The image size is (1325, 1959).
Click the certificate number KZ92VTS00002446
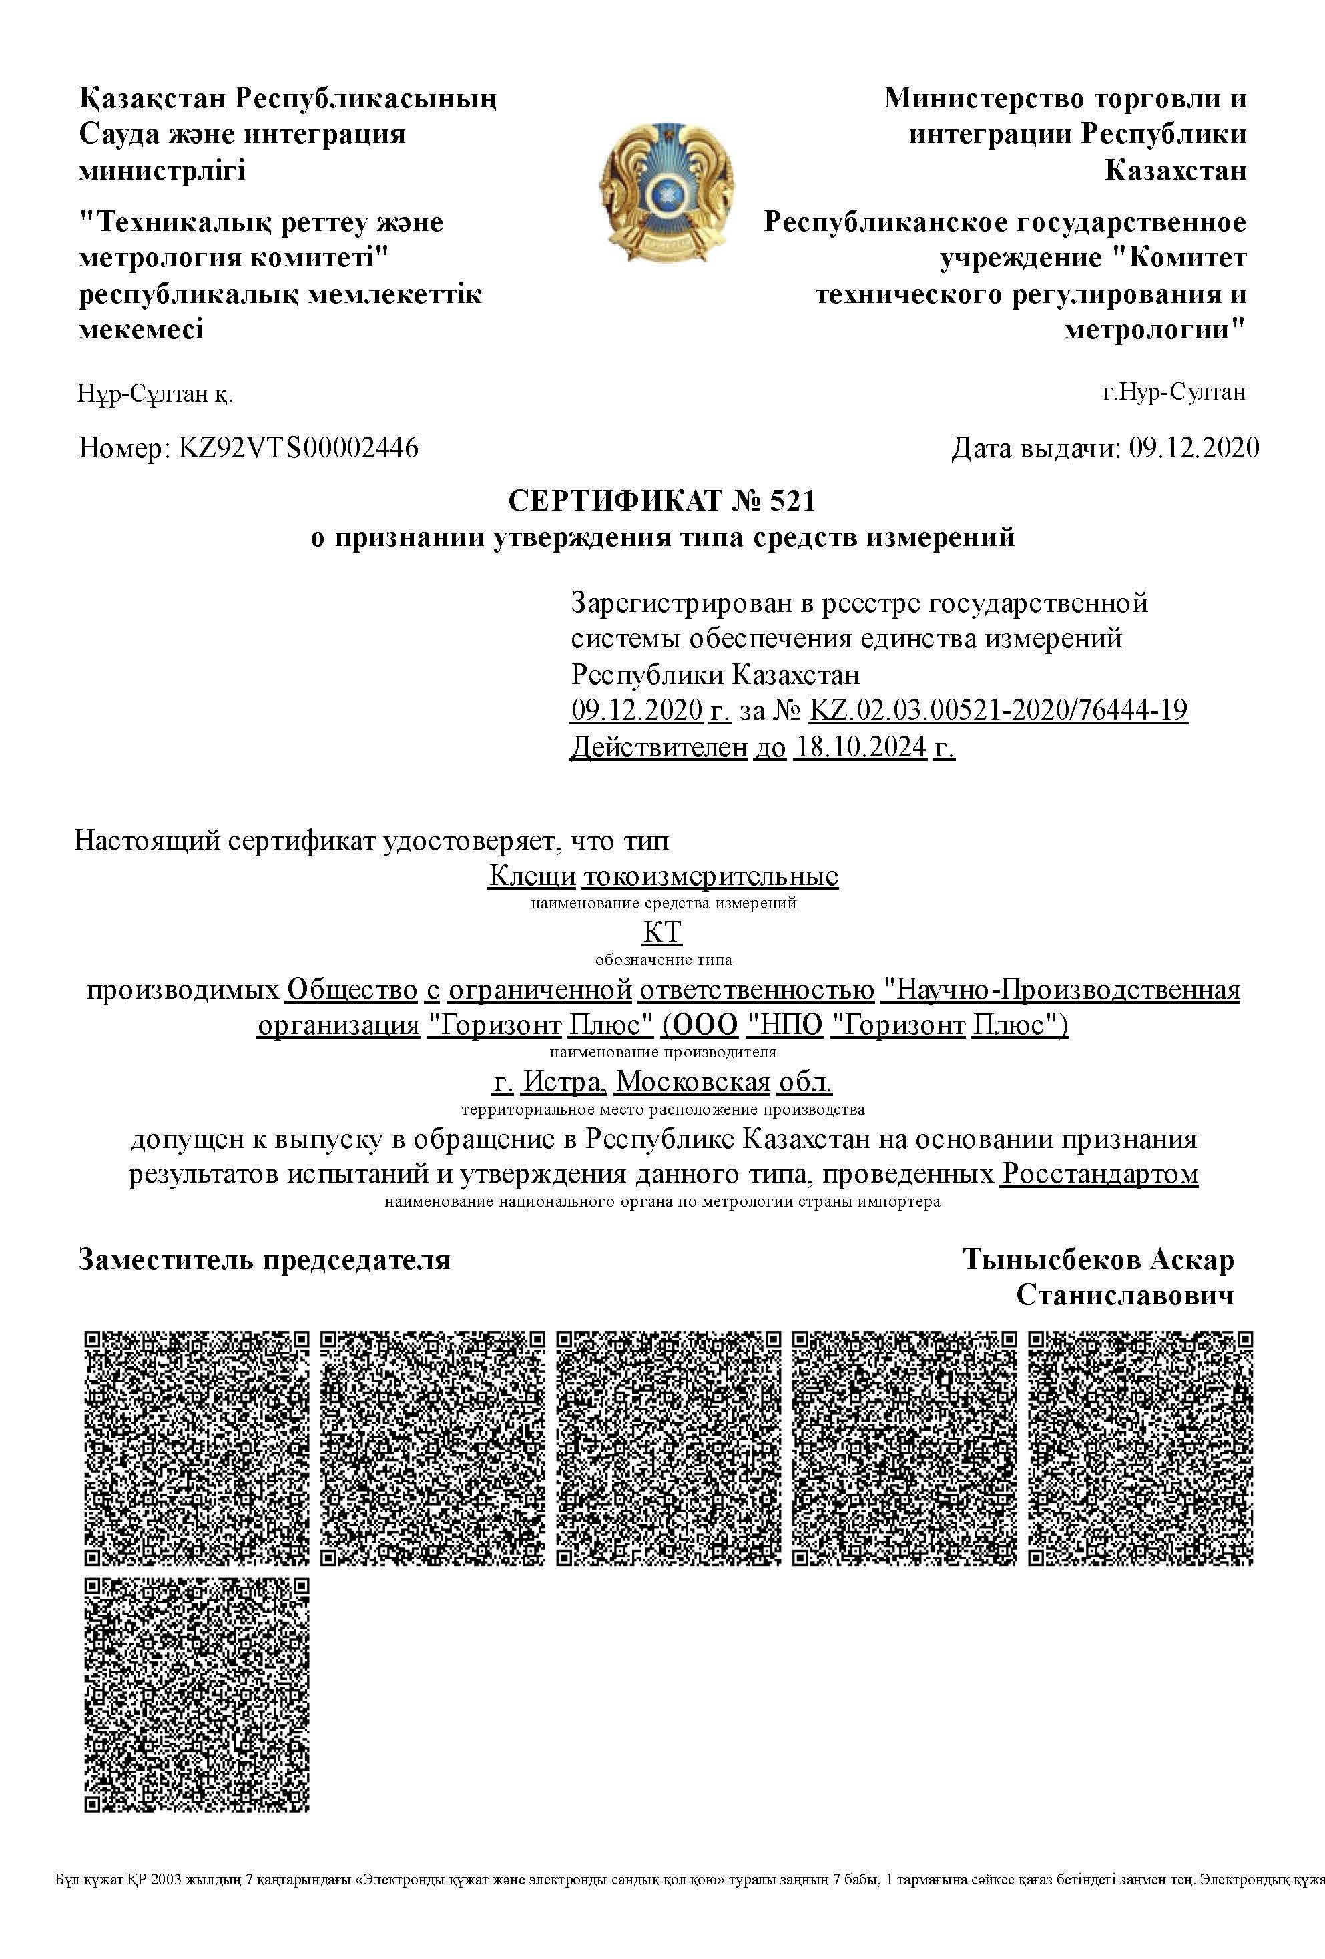click(x=298, y=448)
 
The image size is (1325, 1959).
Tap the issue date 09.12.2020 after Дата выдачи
click(x=1194, y=448)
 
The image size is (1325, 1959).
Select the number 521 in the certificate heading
click(x=793, y=501)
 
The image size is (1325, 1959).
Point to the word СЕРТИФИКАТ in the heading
click(x=615, y=501)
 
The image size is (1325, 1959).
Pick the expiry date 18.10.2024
click(x=860, y=747)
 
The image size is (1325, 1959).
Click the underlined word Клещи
click(x=532, y=876)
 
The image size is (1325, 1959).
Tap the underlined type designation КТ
click(x=662, y=932)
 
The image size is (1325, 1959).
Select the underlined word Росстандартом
click(x=1099, y=1173)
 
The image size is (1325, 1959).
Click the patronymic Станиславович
click(x=1124, y=1295)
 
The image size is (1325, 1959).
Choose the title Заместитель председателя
click(x=264, y=1260)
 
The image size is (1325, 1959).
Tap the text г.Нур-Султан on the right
click(x=1173, y=392)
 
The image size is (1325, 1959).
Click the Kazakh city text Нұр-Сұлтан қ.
click(x=156, y=394)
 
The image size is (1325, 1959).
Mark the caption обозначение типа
click(x=664, y=960)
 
